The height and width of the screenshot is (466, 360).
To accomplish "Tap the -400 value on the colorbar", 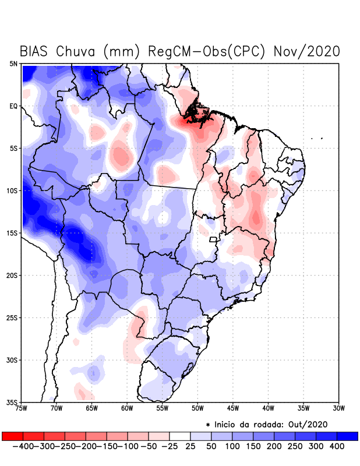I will [23, 446].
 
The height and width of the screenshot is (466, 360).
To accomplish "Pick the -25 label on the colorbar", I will [169, 446].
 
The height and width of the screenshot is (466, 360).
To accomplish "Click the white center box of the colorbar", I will [180, 436].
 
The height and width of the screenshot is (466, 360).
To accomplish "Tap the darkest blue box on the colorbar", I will [347, 436].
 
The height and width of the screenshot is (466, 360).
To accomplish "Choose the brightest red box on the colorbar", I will [12, 436].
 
